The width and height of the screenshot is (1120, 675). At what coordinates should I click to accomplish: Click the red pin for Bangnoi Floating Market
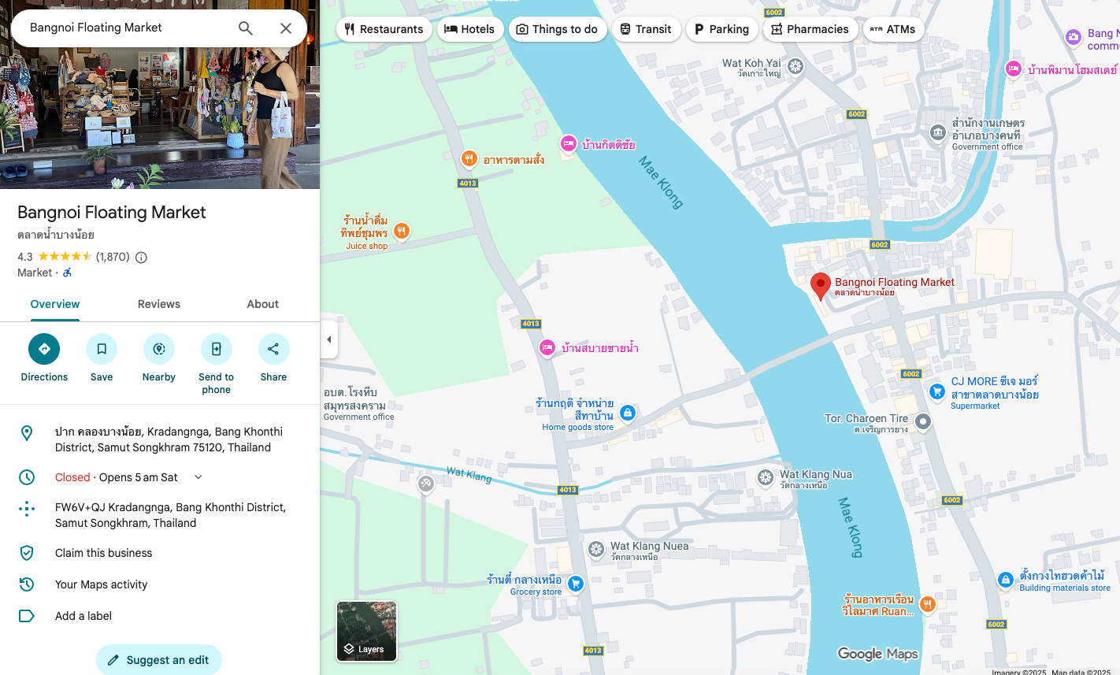[x=820, y=286]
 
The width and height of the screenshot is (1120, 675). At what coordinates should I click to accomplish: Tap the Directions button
[x=44, y=349]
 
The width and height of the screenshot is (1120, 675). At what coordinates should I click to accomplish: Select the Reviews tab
[x=159, y=304]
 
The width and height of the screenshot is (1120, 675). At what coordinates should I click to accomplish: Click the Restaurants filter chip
[x=384, y=29]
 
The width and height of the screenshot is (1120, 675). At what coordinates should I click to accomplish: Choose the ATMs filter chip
[x=893, y=29]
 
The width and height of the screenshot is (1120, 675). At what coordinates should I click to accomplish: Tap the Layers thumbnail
[x=366, y=631]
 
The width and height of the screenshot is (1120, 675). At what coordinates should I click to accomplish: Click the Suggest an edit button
[x=158, y=660]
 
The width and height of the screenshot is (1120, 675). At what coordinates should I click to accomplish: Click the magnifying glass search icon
[x=246, y=28]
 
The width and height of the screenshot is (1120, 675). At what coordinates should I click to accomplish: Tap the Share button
[x=273, y=349]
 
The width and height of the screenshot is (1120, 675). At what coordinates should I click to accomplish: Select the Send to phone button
[x=217, y=349]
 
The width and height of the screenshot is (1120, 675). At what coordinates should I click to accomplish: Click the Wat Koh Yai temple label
[x=751, y=64]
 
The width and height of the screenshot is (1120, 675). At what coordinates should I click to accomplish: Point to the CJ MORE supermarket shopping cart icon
[x=936, y=391]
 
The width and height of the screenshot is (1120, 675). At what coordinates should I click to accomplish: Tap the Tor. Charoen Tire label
[x=866, y=419]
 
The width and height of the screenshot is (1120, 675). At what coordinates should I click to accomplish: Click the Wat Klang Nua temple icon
[x=766, y=477]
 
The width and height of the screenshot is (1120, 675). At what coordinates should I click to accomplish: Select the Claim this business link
[x=103, y=553]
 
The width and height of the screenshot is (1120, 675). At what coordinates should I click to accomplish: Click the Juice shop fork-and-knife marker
[x=402, y=231]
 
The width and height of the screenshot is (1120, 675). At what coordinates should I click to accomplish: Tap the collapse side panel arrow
[x=329, y=340]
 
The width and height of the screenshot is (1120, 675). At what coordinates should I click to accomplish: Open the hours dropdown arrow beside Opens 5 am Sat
[x=198, y=477]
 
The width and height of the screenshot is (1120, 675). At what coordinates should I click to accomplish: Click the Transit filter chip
[x=645, y=29]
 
